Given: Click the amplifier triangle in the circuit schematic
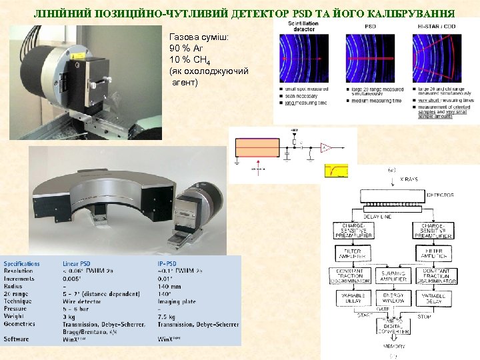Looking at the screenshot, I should click(327, 147).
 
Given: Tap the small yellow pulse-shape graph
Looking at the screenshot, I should click(336, 171).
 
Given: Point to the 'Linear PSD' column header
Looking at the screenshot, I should click(81, 263).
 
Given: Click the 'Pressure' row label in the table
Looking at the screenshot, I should click(17, 308).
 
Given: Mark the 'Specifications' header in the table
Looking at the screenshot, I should click(22, 263).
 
